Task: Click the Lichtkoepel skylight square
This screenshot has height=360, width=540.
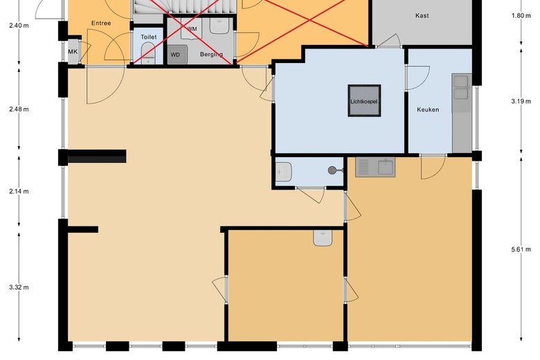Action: [365, 102]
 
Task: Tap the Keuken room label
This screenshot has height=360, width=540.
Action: [428, 109]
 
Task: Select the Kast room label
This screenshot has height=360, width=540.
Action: [422, 15]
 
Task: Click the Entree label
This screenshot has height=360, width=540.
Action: [101, 24]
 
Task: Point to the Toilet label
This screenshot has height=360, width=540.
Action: [149, 37]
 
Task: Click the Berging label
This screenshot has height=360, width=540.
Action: [211, 54]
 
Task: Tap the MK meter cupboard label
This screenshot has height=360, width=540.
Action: [73, 52]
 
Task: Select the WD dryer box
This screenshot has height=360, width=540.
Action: [176, 54]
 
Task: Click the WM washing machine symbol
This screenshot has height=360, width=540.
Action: [192, 30]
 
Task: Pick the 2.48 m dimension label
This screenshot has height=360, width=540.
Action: [19, 109]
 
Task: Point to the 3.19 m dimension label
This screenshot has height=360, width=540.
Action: [521, 101]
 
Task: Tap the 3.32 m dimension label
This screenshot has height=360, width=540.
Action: [19, 287]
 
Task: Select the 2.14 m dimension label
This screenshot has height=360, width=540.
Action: [19, 191]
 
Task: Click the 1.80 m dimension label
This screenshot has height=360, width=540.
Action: [521, 15]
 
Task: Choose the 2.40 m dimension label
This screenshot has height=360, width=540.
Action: [19, 26]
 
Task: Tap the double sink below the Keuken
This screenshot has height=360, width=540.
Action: [375, 167]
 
